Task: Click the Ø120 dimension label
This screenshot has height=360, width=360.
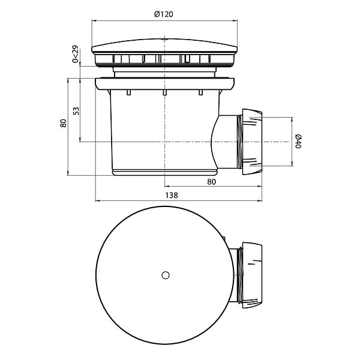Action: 164,14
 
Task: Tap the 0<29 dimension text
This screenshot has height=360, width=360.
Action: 76,54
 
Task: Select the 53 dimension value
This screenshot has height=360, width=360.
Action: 76,111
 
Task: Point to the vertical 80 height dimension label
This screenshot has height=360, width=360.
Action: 64,123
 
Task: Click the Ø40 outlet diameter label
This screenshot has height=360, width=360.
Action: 298,142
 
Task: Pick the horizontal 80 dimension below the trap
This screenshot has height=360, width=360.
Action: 211,182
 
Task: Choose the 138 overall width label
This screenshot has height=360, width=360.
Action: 172,196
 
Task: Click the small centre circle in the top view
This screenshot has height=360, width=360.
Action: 166,275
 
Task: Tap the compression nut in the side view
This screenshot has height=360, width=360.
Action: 252,142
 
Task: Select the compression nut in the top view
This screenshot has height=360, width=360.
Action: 252,275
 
